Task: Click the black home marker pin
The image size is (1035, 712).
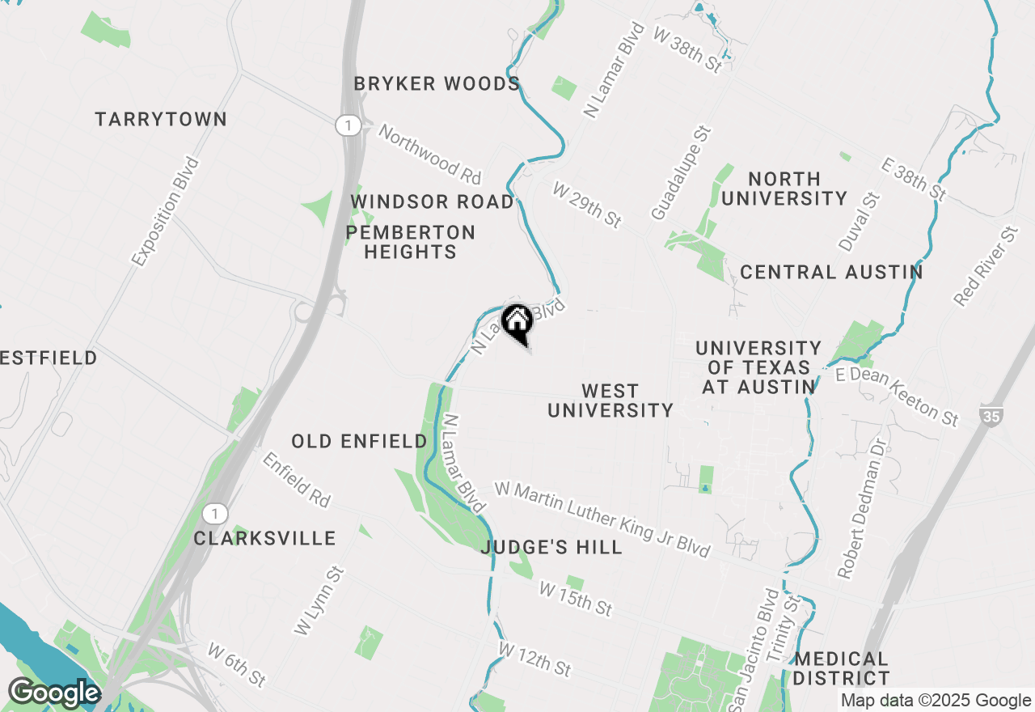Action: [517, 323]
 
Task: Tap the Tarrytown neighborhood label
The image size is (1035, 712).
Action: [161, 120]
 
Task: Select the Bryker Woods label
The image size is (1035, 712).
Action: [437, 84]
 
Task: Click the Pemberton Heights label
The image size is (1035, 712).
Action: [410, 242]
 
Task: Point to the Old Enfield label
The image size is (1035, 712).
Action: [359, 441]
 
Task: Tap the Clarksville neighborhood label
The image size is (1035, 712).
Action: [264, 538]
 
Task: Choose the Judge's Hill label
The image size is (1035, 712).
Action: [551, 548]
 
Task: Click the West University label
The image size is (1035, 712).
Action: [610, 400]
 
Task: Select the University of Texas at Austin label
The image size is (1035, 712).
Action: [758, 367]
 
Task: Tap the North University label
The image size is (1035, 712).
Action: [784, 189]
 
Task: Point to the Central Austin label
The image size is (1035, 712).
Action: [831, 272]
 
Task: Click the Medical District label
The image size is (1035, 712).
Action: [841, 668]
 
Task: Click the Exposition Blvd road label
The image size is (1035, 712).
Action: [165, 212]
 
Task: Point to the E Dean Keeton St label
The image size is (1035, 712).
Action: [898, 395]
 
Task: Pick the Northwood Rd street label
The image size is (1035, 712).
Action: [429, 154]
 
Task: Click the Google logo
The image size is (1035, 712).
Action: [53, 693]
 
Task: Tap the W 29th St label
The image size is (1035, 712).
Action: [587, 204]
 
